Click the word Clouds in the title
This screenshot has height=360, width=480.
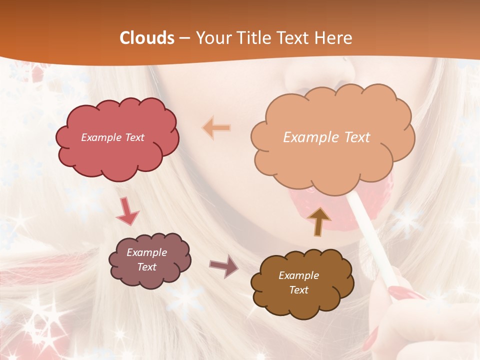[x=147, y=38]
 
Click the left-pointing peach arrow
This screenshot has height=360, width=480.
[x=216, y=128]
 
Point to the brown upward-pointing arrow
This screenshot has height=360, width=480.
[x=319, y=221]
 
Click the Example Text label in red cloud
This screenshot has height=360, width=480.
[x=112, y=137]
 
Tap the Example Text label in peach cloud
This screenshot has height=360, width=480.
[x=326, y=137]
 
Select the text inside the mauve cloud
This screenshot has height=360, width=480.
[x=146, y=260]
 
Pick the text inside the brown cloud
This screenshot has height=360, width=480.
[x=298, y=282]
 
